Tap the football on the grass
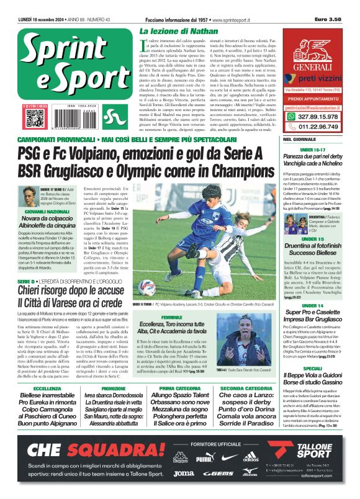click(147, 287)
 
